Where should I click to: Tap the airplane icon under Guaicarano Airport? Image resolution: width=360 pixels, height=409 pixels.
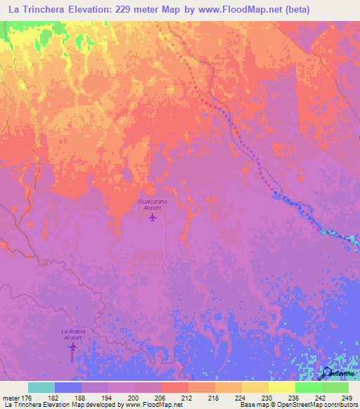153,217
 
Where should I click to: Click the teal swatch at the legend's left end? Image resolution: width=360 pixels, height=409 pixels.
41,387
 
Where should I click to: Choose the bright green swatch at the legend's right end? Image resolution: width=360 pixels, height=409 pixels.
335,387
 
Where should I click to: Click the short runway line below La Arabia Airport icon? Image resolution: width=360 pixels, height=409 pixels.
72,356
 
